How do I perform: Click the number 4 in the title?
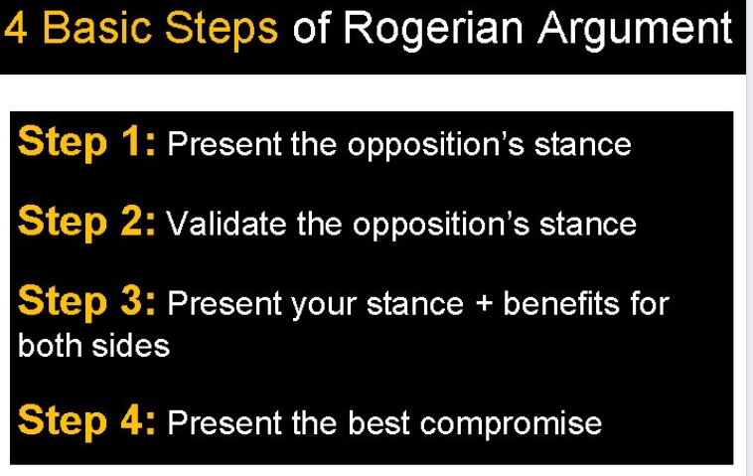pos(15,28)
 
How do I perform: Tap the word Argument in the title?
pos(635,30)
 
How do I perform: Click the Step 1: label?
pos(86,143)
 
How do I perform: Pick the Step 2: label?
pos(86,222)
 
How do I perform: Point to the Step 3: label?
pos(86,302)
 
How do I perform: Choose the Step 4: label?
pos(86,420)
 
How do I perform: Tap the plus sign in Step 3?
pos(484,304)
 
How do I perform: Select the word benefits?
pos(561,303)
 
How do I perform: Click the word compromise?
pos(511,424)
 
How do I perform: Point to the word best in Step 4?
pos(378,422)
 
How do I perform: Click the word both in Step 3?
pos(51,346)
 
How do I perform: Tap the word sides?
pos(130,346)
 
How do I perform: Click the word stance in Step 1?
pos(582,144)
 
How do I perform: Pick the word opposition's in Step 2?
pos(441,226)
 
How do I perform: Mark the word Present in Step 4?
pos(225,422)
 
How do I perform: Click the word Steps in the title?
pos(221,29)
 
